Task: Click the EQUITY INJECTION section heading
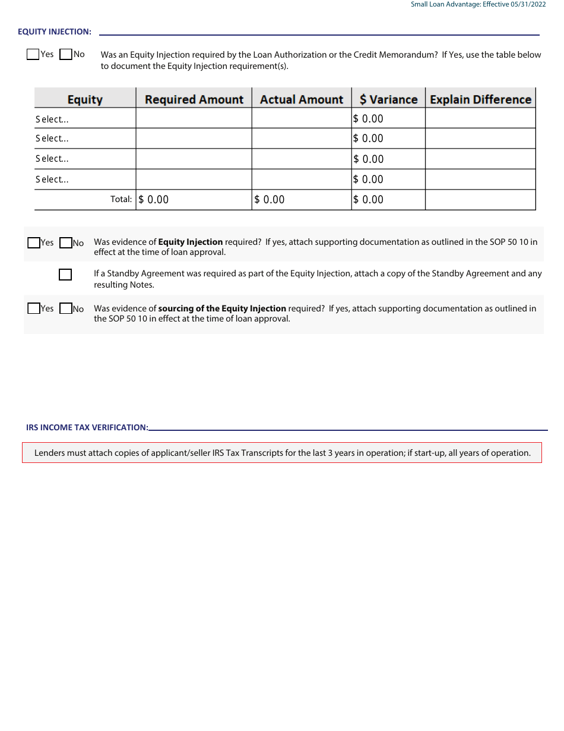click(55, 31)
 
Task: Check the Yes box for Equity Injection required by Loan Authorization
click(33, 55)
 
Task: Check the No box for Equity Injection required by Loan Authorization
click(66, 55)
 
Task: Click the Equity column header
click(85, 99)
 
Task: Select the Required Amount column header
click(194, 99)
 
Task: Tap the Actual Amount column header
click(302, 99)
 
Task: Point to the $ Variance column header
click(388, 99)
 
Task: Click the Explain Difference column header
click(480, 99)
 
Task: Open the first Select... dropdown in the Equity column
click(85, 119)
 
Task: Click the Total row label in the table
click(121, 200)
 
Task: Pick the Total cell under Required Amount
click(194, 200)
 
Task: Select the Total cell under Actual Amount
click(302, 200)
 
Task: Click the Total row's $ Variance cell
click(388, 200)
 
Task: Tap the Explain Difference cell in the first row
click(480, 118)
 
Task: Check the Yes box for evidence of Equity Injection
click(34, 242)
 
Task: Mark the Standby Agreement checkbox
click(65, 275)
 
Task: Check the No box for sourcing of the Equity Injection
click(66, 308)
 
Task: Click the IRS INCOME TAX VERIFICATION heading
click(87, 427)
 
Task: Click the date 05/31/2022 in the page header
click(528, 5)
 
